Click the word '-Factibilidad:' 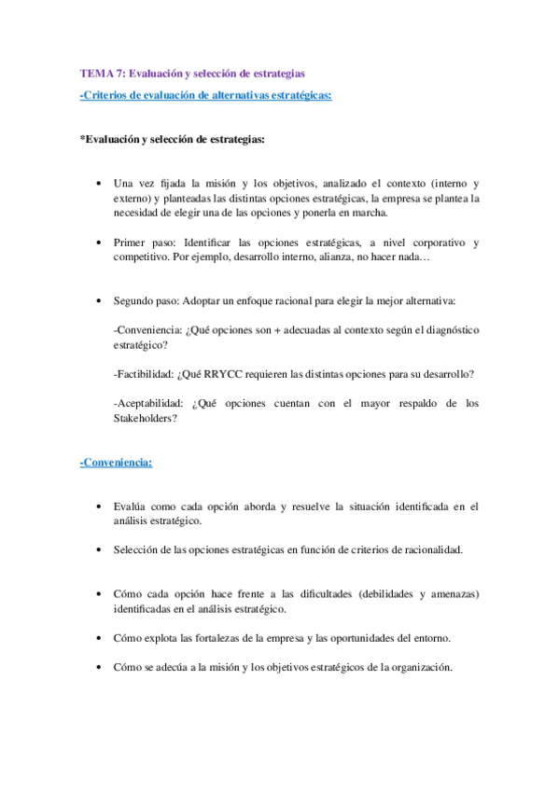click(x=144, y=374)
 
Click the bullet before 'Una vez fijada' click(x=99, y=184)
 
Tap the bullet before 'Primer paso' click(x=99, y=243)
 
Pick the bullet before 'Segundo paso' click(x=99, y=302)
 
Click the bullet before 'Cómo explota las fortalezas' click(x=99, y=638)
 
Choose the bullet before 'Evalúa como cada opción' click(x=99, y=507)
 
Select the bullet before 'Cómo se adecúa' click(x=99, y=667)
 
